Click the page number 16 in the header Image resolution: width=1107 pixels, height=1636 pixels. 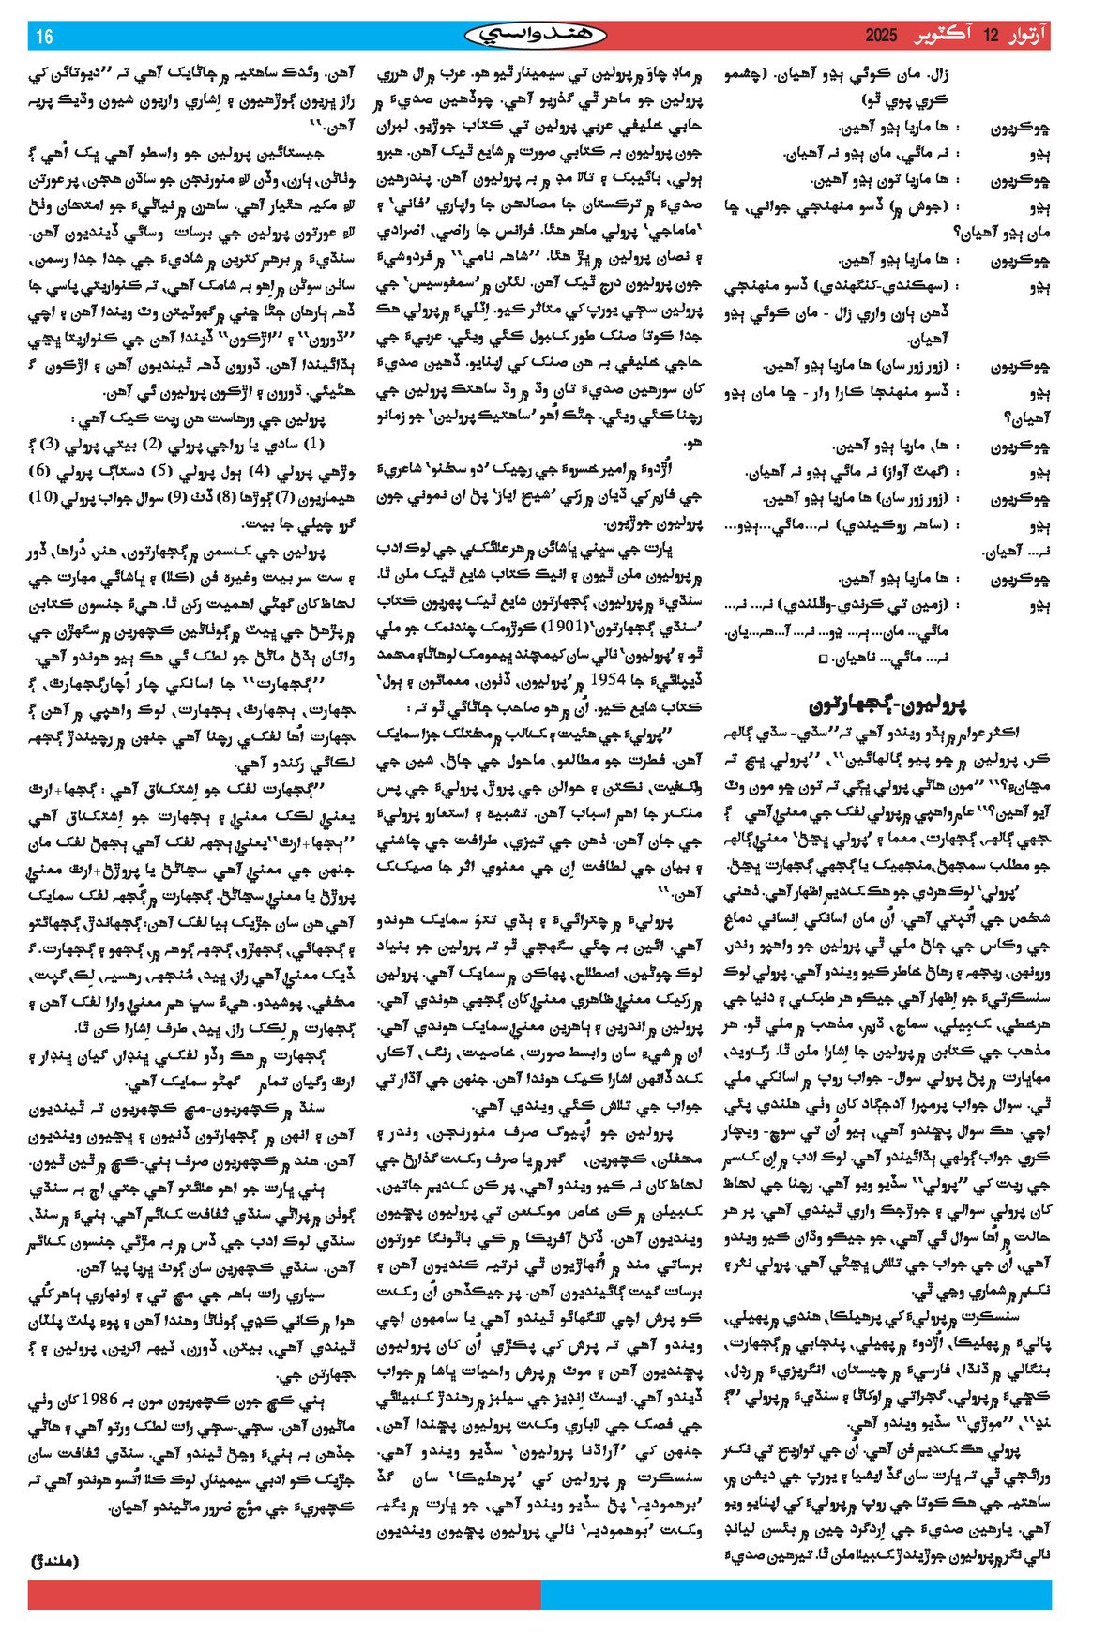coord(44,37)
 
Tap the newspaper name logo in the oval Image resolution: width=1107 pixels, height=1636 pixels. coord(536,36)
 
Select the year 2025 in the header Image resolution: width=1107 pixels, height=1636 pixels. coord(882,37)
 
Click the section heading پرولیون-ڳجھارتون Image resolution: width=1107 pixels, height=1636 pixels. coord(887,703)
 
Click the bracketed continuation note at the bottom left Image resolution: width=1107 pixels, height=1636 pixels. coord(55,1561)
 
